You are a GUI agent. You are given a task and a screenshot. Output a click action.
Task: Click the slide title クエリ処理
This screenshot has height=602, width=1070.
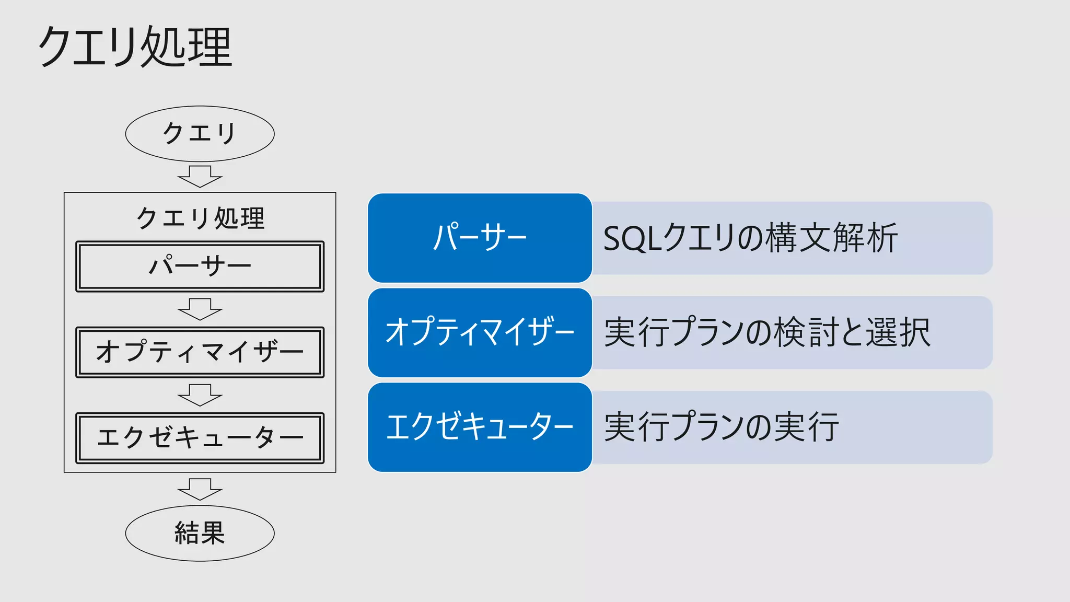click(135, 47)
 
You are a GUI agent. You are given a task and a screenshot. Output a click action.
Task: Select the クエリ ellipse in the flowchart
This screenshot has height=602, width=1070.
click(200, 134)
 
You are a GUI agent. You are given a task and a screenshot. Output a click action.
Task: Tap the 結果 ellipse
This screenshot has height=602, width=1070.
click(200, 533)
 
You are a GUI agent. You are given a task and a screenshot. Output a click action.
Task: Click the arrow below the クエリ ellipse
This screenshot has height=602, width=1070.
click(200, 177)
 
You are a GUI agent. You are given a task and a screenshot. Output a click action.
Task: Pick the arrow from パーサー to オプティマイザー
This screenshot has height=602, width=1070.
click(200, 309)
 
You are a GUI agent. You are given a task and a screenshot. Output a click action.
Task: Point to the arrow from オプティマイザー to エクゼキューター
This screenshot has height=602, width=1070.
click(200, 395)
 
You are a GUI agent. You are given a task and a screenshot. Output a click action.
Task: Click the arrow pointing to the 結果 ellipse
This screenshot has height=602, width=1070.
click(200, 489)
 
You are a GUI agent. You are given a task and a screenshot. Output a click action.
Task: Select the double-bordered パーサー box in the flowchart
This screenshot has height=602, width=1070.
click(200, 267)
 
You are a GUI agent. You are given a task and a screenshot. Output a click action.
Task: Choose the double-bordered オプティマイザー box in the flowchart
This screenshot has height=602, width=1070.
click(200, 352)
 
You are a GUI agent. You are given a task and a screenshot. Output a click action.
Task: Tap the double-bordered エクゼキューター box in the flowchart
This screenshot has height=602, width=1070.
click(200, 438)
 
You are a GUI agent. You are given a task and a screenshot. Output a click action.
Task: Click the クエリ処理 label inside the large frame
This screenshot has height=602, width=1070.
click(200, 218)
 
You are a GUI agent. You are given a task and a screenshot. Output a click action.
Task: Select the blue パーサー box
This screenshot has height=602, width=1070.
click(480, 238)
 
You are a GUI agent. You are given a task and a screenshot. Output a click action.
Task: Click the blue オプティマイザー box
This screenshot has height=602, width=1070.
click(480, 332)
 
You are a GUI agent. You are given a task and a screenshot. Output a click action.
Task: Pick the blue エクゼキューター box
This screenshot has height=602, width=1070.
click(480, 427)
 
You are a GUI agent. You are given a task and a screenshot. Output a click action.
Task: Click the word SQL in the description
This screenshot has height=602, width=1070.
click(632, 239)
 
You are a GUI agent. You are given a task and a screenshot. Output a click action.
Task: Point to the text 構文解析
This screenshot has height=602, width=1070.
click(832, 238)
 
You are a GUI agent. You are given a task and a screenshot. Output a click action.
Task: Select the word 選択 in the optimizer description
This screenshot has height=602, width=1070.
click(899, 332)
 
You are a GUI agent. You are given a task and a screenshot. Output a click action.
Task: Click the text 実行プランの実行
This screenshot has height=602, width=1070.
click(721, 427)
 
